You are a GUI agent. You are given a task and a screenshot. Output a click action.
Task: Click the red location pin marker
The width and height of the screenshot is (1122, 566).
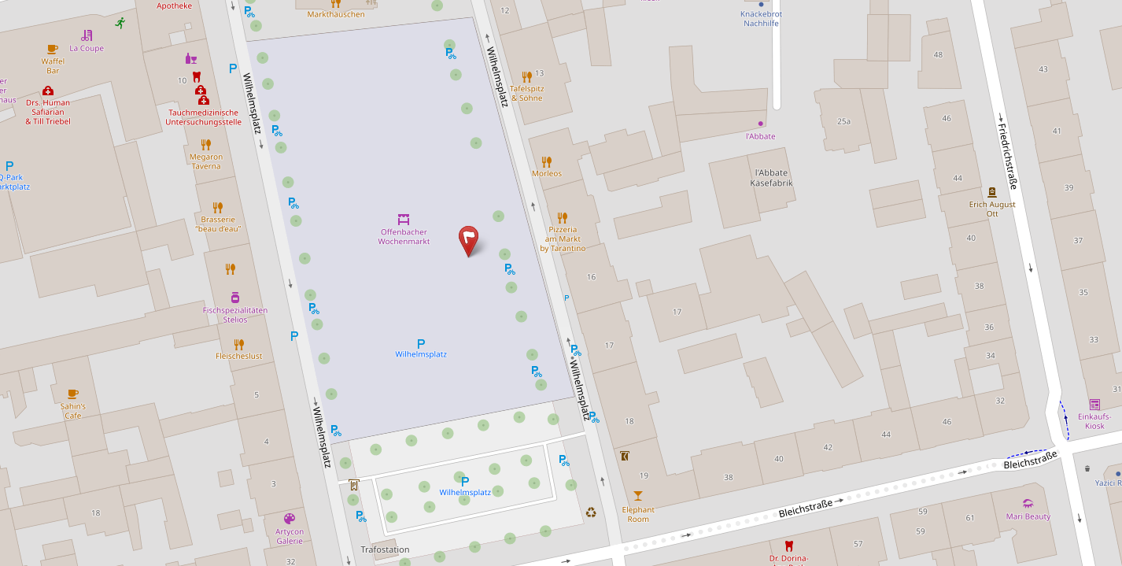click(468, 239)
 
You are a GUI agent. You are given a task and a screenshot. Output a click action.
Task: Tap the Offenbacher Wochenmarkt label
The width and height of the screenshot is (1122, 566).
click(404, 236)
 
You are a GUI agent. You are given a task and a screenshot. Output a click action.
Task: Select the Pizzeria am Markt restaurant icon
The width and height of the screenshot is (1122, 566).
click(562, 217)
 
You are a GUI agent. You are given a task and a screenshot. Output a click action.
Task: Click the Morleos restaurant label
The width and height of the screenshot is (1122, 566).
click(547, 173)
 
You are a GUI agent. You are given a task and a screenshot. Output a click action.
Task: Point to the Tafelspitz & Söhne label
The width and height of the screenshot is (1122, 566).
click(527, 93)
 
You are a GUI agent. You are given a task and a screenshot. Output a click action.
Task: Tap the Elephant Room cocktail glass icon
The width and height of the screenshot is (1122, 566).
click(637, 495)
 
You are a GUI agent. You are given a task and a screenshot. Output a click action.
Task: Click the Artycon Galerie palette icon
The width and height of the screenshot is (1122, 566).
click(290, 519)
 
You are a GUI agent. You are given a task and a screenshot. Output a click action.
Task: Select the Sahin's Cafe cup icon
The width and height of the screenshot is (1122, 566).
click(73, 393)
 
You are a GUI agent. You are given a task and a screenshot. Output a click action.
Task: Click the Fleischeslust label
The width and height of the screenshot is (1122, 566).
click(239, 356)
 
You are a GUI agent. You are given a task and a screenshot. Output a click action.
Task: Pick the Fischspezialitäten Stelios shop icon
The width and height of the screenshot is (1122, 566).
click(235, 298)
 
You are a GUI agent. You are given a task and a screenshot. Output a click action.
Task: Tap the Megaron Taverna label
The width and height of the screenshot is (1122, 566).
click(206, 161)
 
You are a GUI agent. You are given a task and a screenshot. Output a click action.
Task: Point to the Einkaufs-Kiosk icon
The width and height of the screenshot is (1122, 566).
click(1094, 404)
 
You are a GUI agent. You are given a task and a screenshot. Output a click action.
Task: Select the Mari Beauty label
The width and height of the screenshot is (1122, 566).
click(1028, 516)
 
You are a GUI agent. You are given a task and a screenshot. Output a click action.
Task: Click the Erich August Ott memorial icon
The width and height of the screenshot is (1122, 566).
click(992, 192)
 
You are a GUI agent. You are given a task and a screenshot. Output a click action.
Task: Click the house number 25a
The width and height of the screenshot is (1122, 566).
click(843, 121)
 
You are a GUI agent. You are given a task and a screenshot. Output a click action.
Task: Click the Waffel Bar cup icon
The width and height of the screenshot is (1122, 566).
click(53, 49)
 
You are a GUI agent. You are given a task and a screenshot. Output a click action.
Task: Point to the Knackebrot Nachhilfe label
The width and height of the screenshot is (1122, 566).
click(761, 18)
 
